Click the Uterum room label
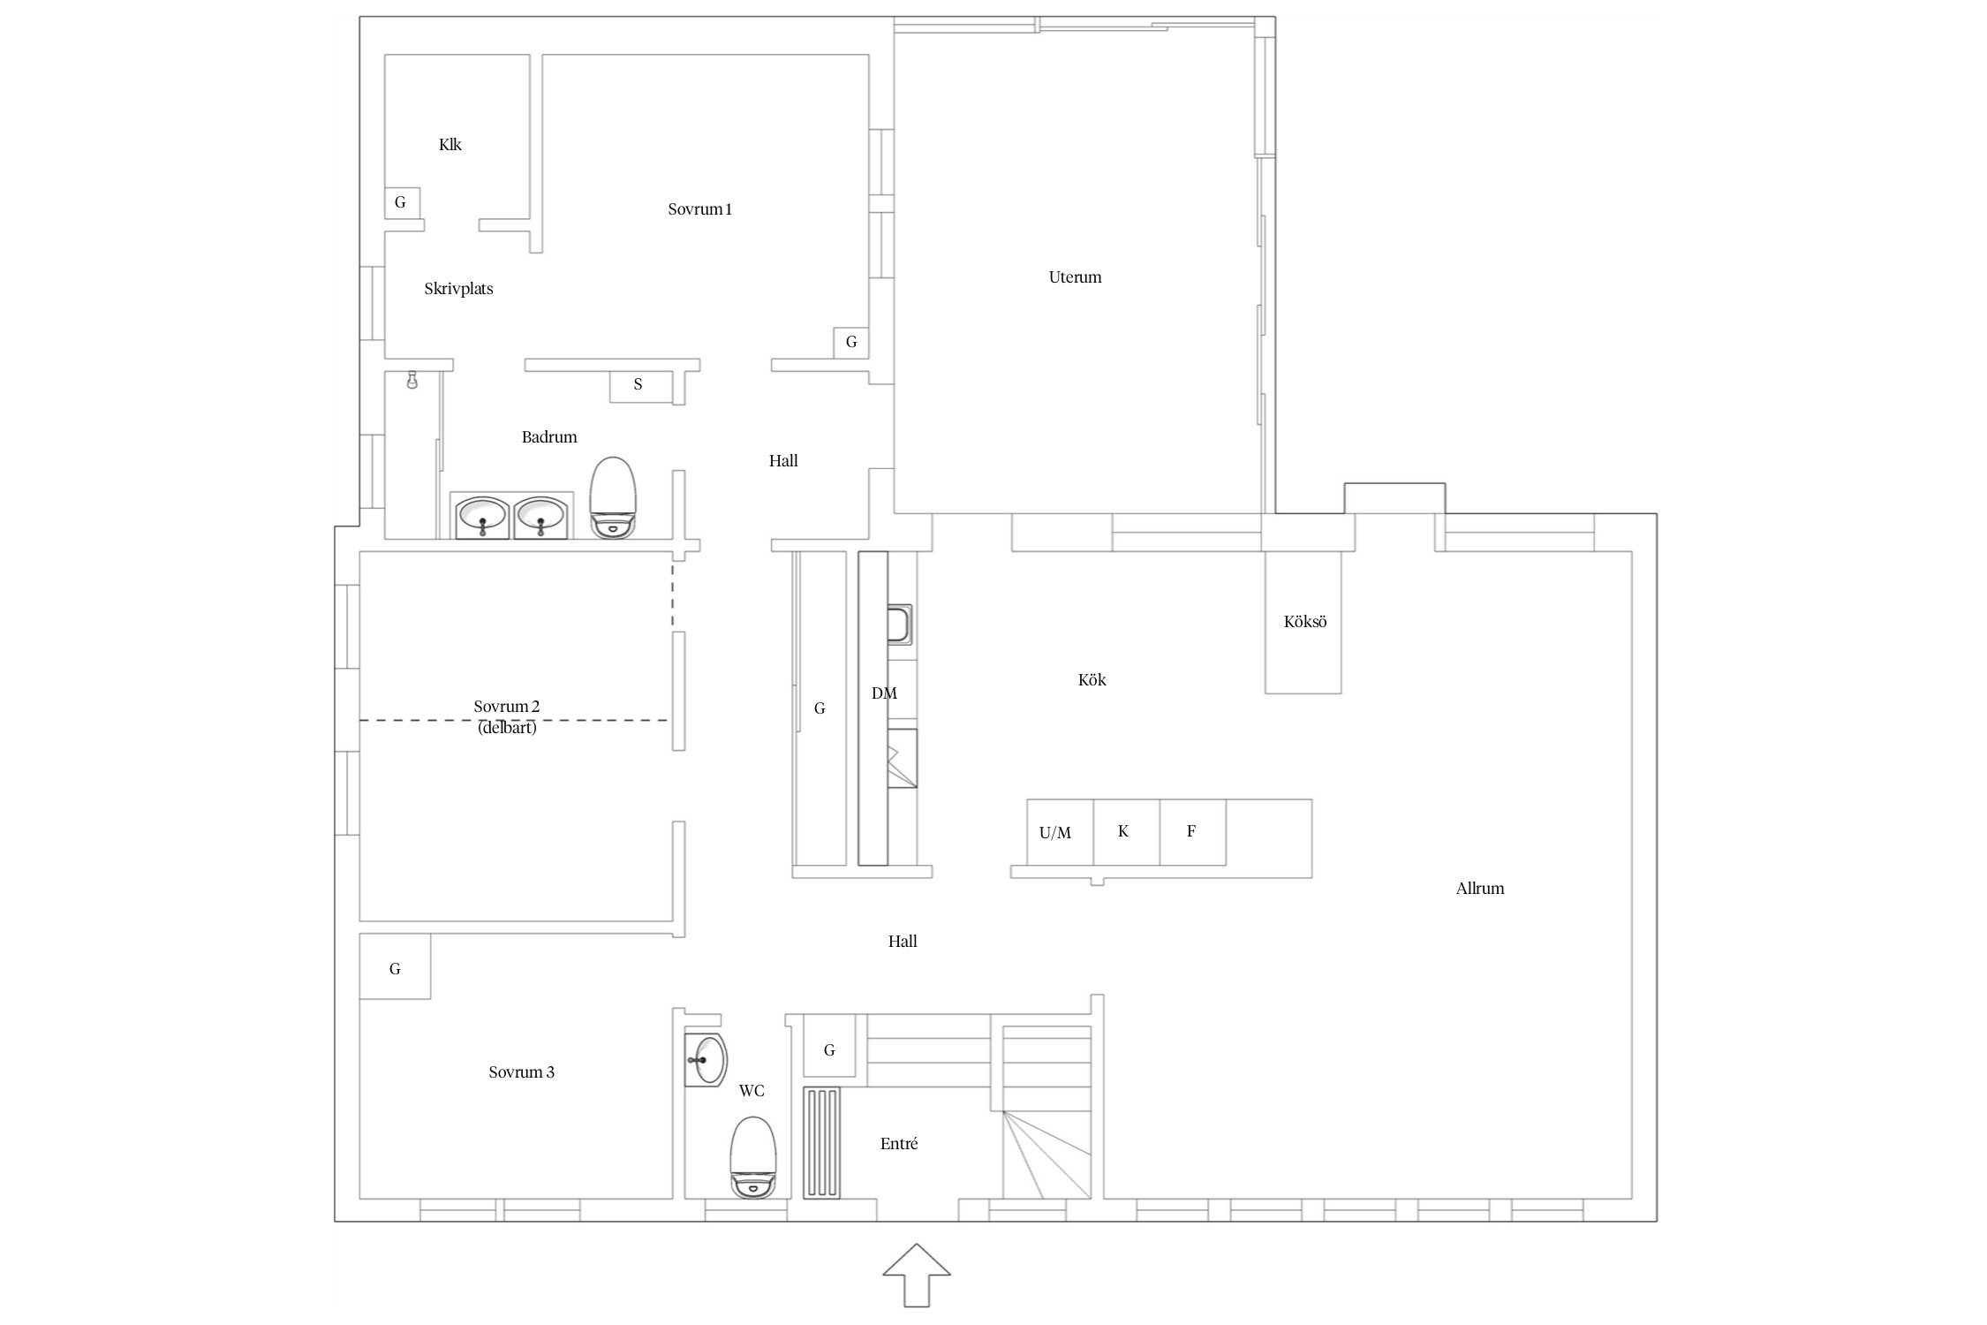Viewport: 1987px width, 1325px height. pyautogui.click(x=1075, y=277)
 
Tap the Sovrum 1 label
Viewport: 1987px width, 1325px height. pyautogui.click(x=699, y=209)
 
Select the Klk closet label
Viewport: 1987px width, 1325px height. pyautogui.click(x=450, y=145)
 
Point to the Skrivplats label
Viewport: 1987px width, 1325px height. pyautogui.click(x=458, y=289)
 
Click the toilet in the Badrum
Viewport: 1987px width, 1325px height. pyautogui.click(x=613, y=497)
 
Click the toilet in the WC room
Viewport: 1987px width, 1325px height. pyautogui.click(x=752, y=1157)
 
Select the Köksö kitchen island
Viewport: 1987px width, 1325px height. pyautogui.click(x=1303, y=622)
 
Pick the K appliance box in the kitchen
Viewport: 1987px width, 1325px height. pyautogui.click(x=1126, y=832)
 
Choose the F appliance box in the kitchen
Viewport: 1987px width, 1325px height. pyautogui.click(x=1192, y=832)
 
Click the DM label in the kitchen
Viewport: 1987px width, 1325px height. pyautogui.click(x=884, y=694)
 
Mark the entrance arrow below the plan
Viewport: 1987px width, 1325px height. pyautogui.click(x=917, y=1275)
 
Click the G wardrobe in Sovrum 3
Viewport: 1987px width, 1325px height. pyautogui.click(x=395, y=966)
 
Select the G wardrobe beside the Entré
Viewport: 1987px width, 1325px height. pyautogui.click(x=829, y=1046)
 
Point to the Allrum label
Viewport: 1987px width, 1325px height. pyautogui.click(x=1480, y=889)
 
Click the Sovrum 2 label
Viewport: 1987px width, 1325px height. pyautogui.click(x=506, y=707)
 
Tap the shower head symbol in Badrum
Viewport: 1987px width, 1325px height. pyautogui.click(x=412, y=380)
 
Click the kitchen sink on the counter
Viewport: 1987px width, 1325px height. pyautogui.click(x=900, y=625)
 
